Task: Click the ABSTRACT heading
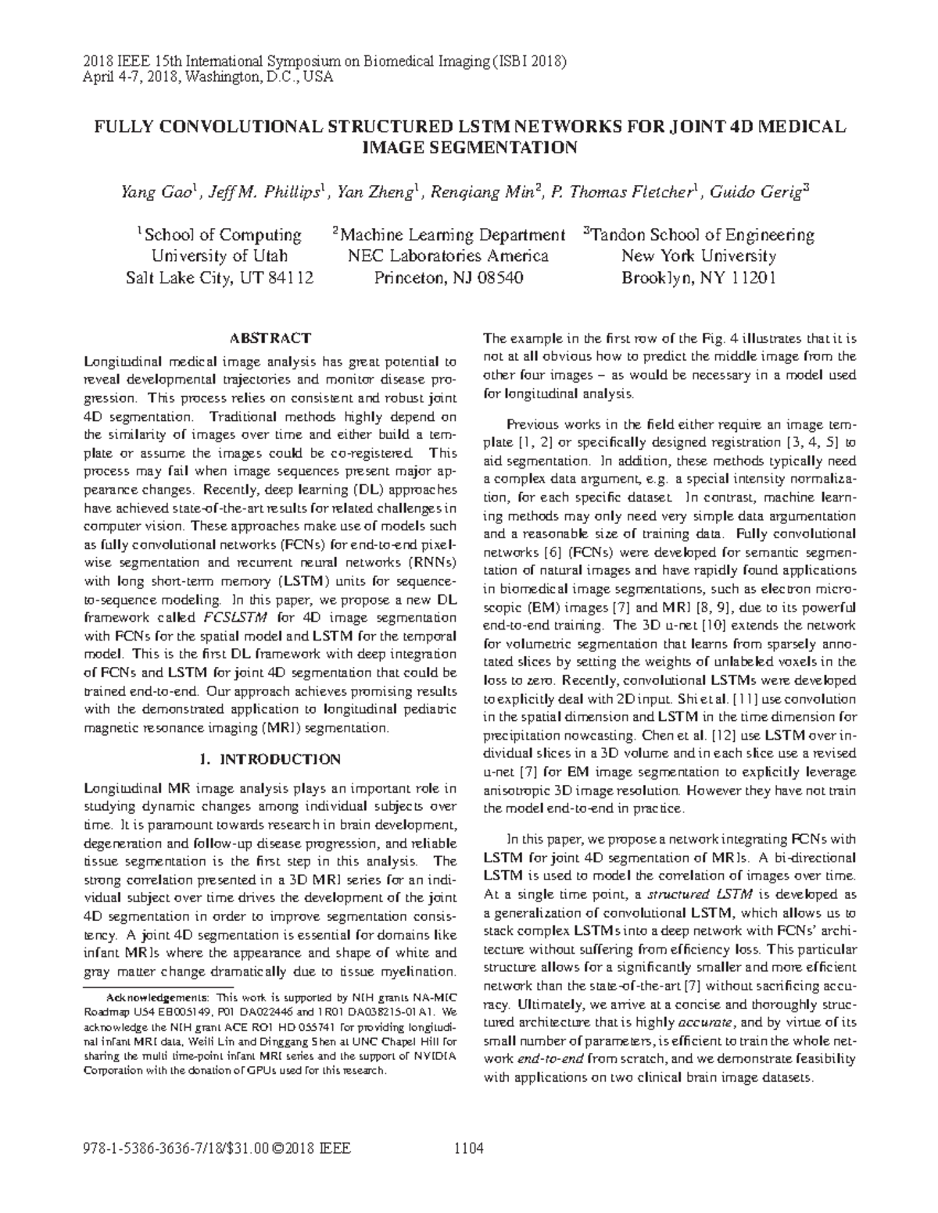270,338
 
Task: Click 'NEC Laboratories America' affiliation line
448,256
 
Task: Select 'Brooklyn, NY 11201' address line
698,277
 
